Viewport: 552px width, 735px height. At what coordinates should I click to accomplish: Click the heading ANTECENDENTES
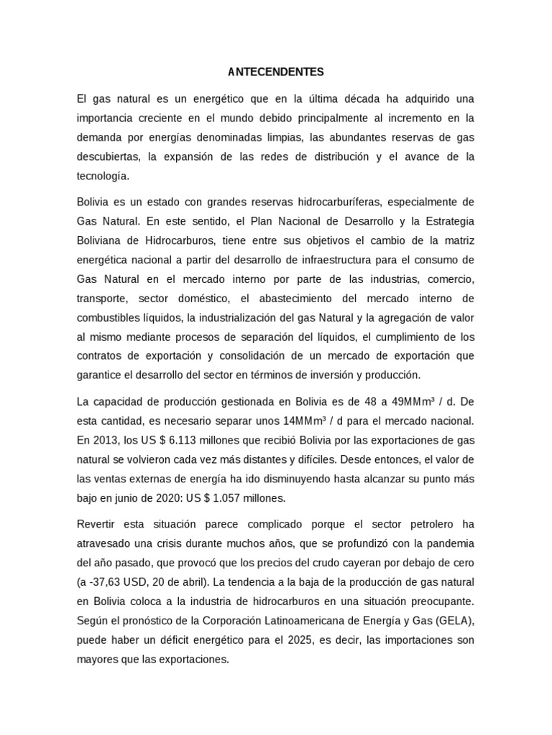(x=276, y=72)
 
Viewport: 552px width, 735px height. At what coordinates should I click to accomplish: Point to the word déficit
(x=155, y=639)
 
